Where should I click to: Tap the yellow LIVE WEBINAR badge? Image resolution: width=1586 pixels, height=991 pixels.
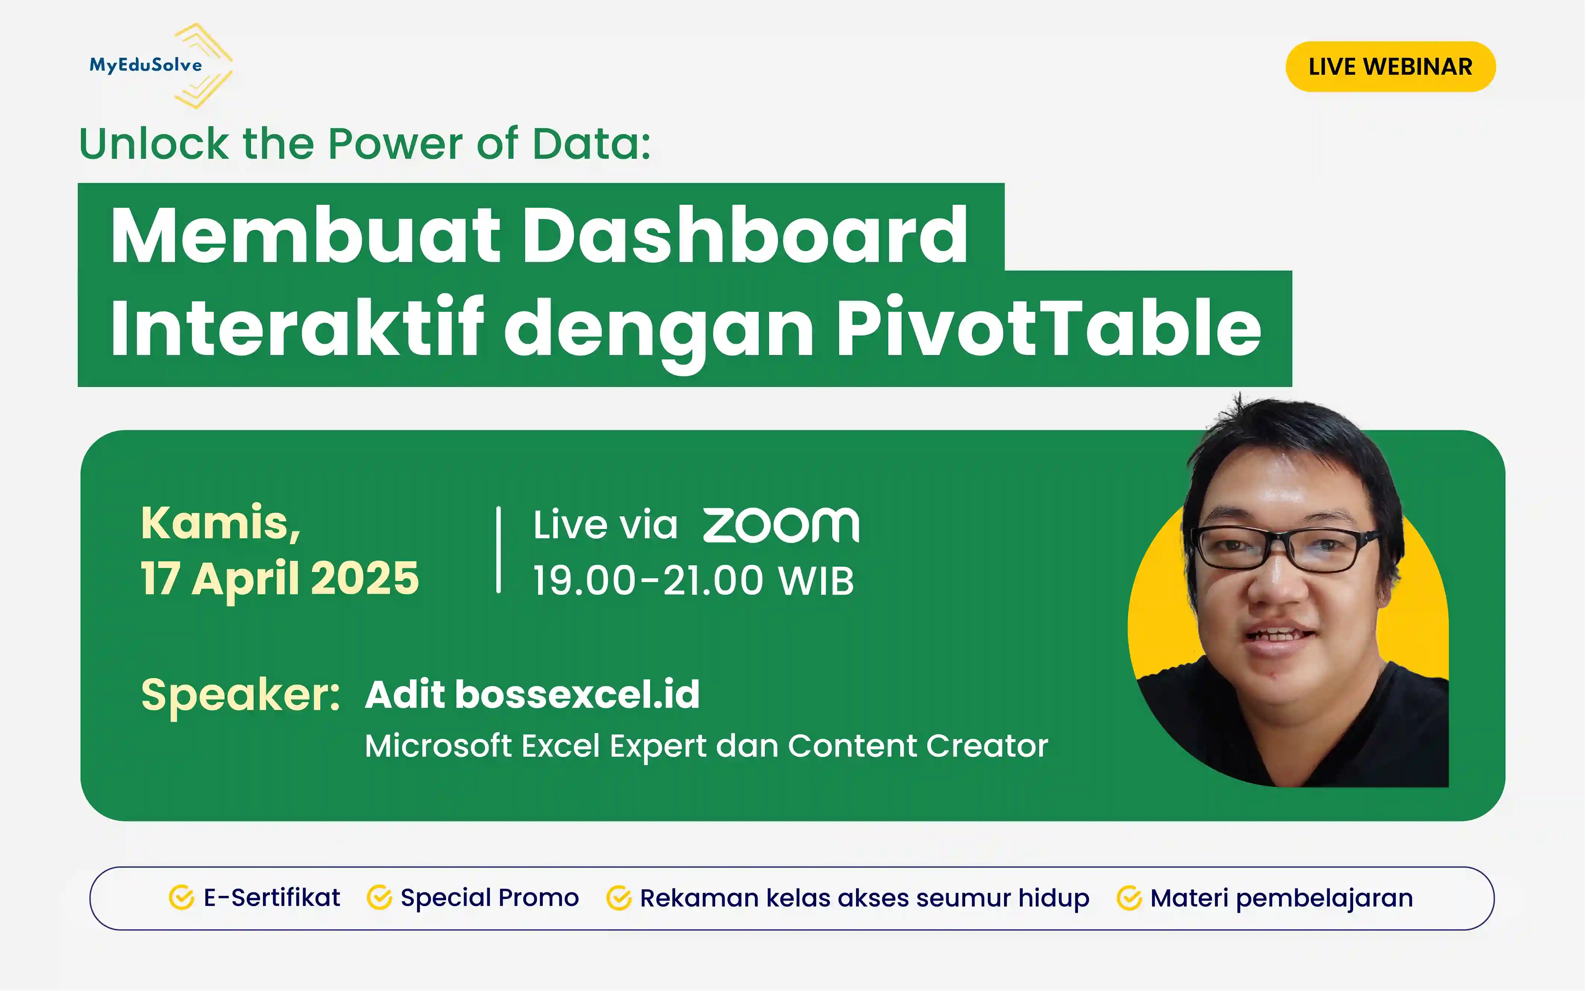pos(1390,67)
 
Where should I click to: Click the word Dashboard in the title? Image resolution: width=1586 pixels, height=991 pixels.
pos(745,235)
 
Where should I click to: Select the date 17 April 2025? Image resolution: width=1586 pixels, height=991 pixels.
pos(280,579)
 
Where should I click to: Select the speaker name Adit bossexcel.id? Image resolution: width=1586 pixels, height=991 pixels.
pos(532,695)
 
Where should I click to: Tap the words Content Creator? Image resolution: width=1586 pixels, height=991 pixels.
pos(917,746)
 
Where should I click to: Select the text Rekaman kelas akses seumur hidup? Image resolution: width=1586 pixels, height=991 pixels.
pos(864,898)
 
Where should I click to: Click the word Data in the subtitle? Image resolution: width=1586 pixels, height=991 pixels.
pos(590,144)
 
